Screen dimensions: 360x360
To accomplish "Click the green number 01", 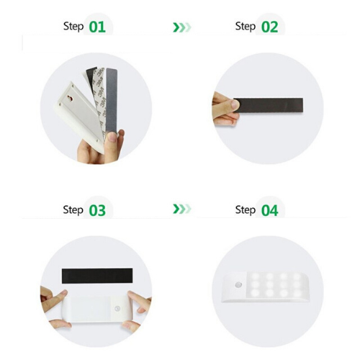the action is (97, 27).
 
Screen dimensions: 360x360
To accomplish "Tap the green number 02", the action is (269, 27).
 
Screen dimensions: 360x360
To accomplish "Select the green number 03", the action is (97, 210).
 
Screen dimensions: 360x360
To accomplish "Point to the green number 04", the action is (269, 210).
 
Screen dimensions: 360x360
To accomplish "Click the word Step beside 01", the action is (73, 27).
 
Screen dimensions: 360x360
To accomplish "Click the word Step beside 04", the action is (246, 210).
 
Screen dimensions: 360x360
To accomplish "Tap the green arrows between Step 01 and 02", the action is (182, 27).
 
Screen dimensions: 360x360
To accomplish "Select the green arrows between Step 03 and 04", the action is (182, 209).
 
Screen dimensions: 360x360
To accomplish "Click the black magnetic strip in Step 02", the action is (269, 105).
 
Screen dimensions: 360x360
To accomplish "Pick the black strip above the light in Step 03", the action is (97, 276).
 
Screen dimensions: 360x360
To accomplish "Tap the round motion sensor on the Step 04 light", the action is (239, 285).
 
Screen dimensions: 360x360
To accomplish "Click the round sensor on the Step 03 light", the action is (117, 309).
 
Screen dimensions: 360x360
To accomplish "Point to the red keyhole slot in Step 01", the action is (71, 98).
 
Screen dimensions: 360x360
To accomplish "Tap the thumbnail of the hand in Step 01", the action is (112, 137).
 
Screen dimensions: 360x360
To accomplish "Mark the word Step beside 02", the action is (246, 27).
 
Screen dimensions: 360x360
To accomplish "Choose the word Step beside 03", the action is (73, 210).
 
